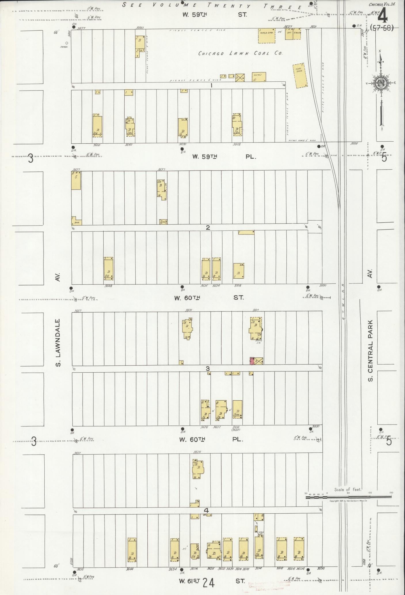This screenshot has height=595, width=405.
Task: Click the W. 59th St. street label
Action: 215,14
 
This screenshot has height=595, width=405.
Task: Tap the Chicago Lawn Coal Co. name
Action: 241,53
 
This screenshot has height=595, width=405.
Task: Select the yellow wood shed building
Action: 267,36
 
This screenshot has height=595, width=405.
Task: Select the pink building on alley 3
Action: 252,361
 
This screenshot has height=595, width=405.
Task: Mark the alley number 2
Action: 208,228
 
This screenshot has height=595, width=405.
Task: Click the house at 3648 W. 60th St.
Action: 109,269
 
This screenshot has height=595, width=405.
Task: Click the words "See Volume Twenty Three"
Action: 212,5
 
